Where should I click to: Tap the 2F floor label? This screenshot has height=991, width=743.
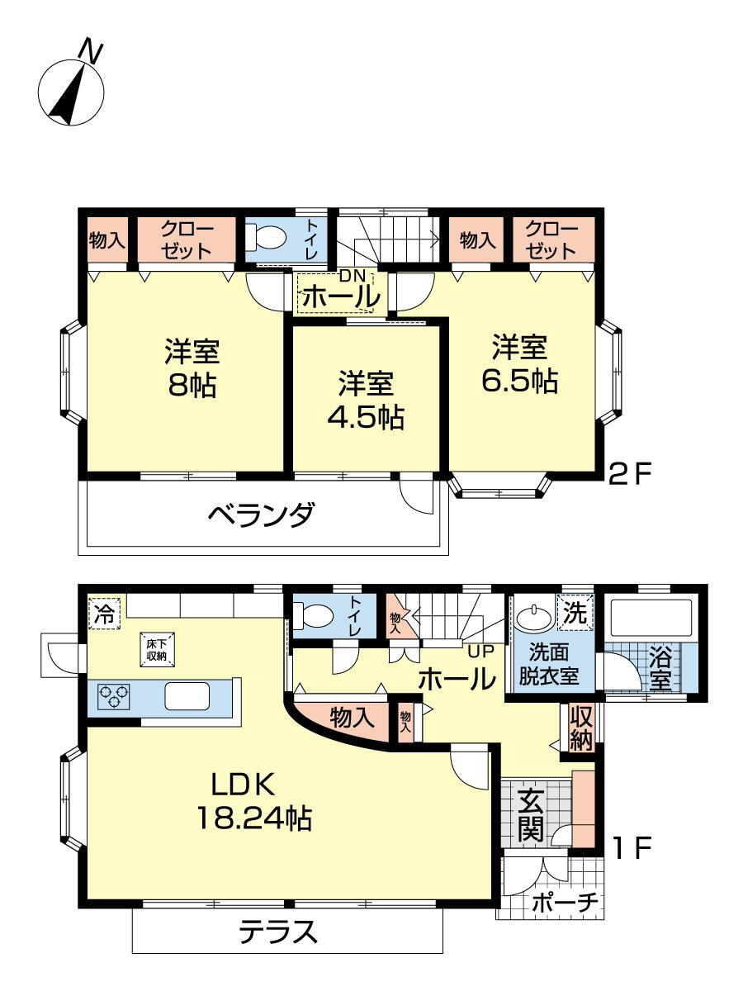click(x=630, y=475)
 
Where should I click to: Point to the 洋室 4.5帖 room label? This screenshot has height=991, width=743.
click(x=366, y=400)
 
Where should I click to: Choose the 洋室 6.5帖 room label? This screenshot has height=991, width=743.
click(x=520, y=363)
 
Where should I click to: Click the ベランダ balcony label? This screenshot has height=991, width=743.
click(x=261, y=514)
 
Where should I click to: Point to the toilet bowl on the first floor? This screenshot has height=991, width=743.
click(x=314, y=615)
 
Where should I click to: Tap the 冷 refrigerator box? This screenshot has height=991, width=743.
click(x=105, y=613)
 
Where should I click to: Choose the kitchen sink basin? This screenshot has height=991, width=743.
click(x=187, y=696)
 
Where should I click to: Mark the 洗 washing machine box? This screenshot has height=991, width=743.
click(x=575, y=613)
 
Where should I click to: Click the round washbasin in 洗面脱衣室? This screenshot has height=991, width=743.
click(x=534, y=616)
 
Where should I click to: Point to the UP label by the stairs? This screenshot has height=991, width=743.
click(x=481, y=651)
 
